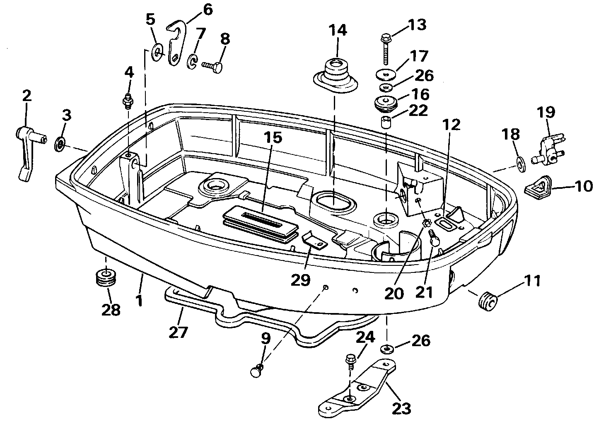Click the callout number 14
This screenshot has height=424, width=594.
[x=338, y=31]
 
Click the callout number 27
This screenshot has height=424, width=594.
[x=178, y=332]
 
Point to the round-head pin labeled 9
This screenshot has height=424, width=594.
[x=256, y=371]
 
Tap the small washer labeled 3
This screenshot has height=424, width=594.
[x=60, y=145]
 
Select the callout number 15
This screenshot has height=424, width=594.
[x=273, y=137]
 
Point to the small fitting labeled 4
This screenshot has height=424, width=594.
[x=128, y=101]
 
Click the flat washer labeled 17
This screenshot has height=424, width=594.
[x=386, y=74]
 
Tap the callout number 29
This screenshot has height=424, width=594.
[x=300, y=279]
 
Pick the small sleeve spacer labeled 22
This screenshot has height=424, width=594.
[x=386, y=122]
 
